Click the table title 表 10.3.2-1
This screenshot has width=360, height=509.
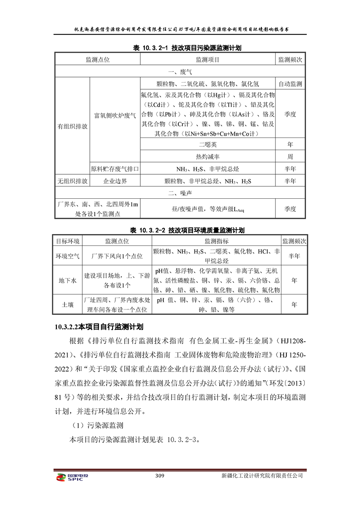180,48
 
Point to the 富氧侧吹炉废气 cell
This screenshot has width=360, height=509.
114,115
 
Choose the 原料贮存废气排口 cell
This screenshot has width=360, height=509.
114,169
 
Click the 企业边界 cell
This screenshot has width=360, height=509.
114,181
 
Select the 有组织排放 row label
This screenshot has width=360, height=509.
72,126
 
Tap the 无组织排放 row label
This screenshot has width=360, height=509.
72,181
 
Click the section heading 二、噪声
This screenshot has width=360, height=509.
180,193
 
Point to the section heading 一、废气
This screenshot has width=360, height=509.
180,72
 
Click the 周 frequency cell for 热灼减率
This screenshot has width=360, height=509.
290,157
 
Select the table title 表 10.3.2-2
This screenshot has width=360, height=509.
180,230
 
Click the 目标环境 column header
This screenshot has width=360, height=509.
68,241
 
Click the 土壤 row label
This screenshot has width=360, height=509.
68,305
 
